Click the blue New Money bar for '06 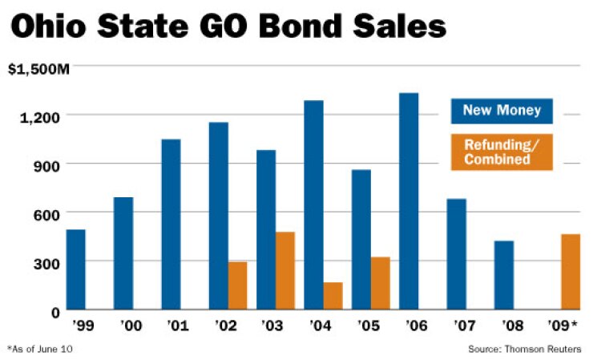pyautogui.click(x=409, y=201)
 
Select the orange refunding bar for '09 pyautogui.click(x=550, y=272)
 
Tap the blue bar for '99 pyautogui.click(x=76, y=269)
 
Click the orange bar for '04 pyautogui.click(x=333, y=296)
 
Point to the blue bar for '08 pyautogui.click(x=503, y=275)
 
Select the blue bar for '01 pyautogui.click(x=171, y=224)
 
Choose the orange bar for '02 pyautogui.click(x=237, y=285)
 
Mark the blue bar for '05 pyautogui.click(x=361, y=240)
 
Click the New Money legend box pyautogui.click(x=502, y=111)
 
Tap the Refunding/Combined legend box pyautogui.click(x=502, y=153)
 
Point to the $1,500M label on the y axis pyautogui.click(x=38, y=69)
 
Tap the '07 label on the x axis pyautogui.click(x=456, y=326)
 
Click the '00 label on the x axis pyautogui.click(x=123, y=326)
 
